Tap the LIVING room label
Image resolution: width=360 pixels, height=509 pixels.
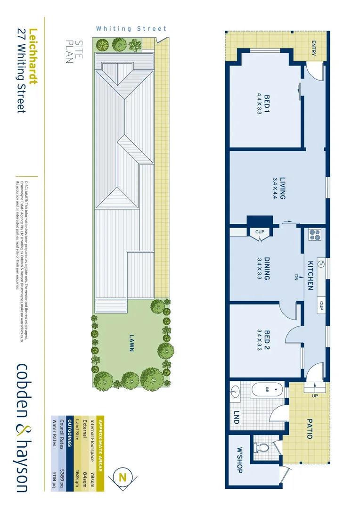pos(283,188)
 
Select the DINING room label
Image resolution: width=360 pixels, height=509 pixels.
pos(266,269)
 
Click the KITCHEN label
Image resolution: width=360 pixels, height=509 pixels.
pos(311,275)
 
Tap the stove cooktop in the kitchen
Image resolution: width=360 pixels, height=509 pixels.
pos(314,234)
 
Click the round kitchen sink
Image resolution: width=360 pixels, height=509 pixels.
pos(320,263)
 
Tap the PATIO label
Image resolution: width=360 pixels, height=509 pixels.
pos(310,429)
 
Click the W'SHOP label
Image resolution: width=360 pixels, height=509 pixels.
pos(239,460)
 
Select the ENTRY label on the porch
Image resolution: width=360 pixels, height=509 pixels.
pos(314,48)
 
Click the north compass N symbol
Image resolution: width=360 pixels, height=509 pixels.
pos(123,477)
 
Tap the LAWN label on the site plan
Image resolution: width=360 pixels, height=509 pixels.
pos(131,343)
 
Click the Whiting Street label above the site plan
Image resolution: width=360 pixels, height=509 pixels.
pos(125,29)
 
